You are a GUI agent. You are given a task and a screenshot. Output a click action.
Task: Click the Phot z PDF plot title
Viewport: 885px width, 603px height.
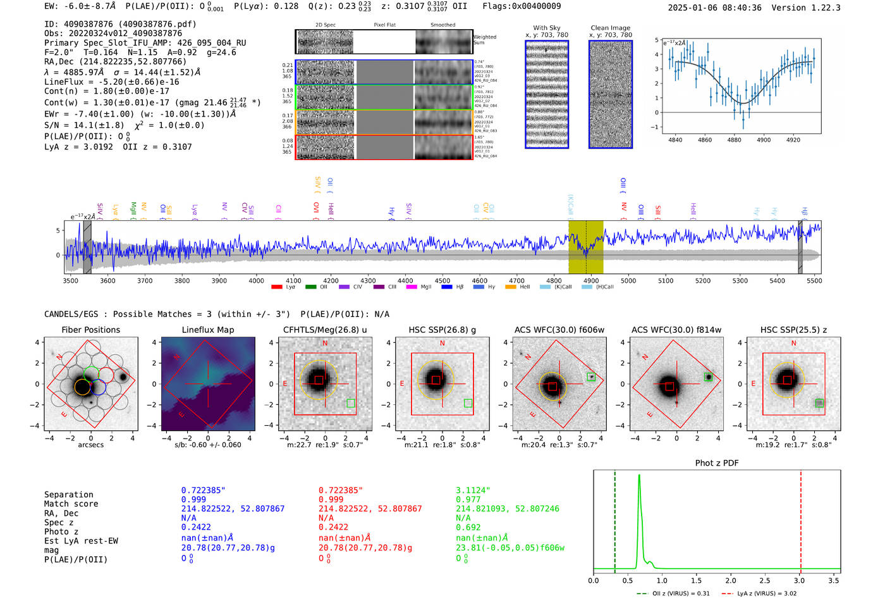tap(717, 463)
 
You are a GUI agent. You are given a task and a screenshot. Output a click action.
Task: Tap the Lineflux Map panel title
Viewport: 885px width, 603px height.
tap(207, 330)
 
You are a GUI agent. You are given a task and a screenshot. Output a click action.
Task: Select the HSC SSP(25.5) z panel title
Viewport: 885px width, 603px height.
tap(793, 330)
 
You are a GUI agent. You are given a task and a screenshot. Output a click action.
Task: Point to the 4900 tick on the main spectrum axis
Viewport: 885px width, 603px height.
tap(591, 280)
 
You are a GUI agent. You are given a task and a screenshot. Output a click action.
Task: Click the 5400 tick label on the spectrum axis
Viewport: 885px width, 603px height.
tap(777, 280)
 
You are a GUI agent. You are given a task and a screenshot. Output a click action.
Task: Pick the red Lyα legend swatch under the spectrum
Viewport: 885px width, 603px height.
tap(276, 287)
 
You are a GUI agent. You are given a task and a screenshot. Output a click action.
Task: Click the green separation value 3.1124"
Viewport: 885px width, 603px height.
tap(473, 490)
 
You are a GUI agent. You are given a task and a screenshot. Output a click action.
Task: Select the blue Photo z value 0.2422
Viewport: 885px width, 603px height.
tap(196, 527)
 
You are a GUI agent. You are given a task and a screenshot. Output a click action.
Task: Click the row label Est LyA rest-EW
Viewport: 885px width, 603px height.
tap(81, 541)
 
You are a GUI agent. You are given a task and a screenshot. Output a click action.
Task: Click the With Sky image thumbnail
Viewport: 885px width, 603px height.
tap(547, 94)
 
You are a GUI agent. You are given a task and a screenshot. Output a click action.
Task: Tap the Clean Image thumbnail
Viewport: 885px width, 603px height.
tap(611, 94)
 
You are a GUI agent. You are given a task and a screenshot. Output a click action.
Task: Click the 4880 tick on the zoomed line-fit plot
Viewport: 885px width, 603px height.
tap(734, 140)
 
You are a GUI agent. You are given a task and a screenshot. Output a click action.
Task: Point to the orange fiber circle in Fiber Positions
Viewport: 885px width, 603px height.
tap(82, 387)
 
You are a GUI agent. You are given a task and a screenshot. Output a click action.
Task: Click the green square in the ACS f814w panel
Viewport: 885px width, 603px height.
tap(709, 377)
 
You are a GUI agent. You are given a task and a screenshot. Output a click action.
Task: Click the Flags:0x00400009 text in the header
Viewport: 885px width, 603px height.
tap(522, 6)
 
